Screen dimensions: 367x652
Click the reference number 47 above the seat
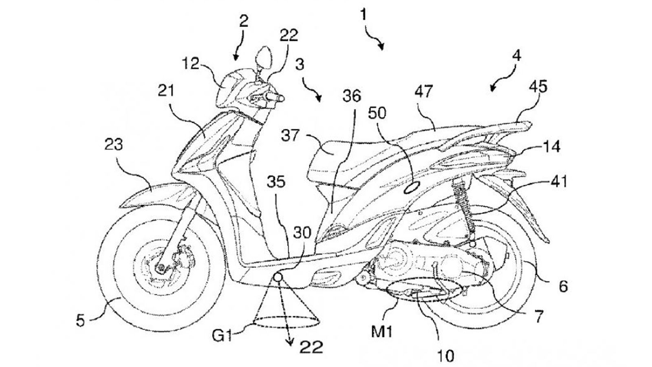pyautogui.click(x=424, y=93)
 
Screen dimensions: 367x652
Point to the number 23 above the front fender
pyautogui.click(x=114, y=145)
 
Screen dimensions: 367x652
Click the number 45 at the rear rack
pyautogui.click(x=538, y=87)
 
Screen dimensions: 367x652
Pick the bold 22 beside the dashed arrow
pyautogui.click(x=311, y=347)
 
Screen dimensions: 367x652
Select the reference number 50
pyautogui.click(x=378, y=113)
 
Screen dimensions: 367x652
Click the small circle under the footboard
pyautogui.click(x=278, y=277)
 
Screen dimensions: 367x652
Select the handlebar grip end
pyautogui.click(x=280, y=99)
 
